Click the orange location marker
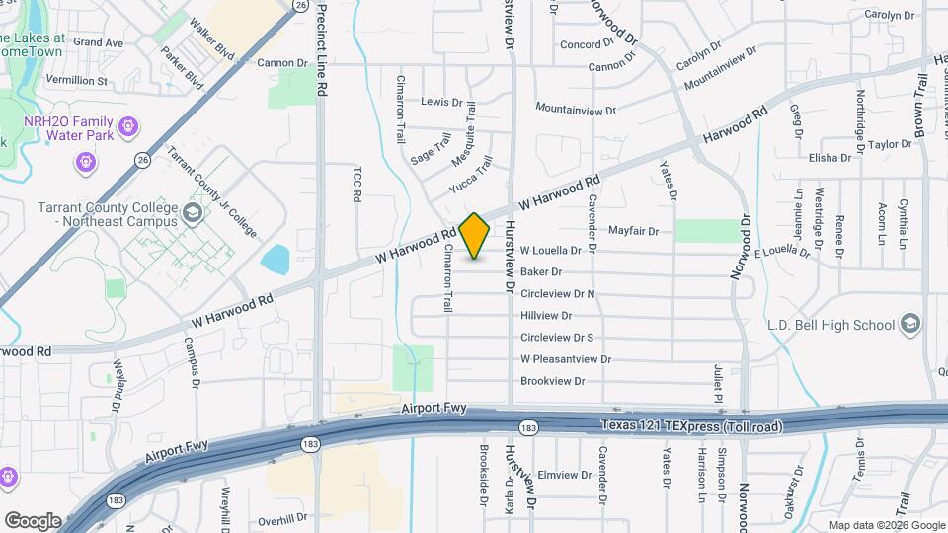tap(475, 235)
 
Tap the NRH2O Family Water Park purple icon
tap(126, 126)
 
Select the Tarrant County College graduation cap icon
tap(191, 212)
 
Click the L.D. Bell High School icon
tap(909, 325)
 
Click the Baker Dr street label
tap(541, 271)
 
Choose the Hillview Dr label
tap(546, 316)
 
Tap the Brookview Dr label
tap(553, 381)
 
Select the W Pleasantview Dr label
tap(565, 359)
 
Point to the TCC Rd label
tap(357, 184)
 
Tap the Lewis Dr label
tap(441, 102)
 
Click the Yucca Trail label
tap(470, 174)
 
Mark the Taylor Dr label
tap(891, 144)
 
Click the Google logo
tap(32, 520)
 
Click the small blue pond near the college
tap(275, 259)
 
